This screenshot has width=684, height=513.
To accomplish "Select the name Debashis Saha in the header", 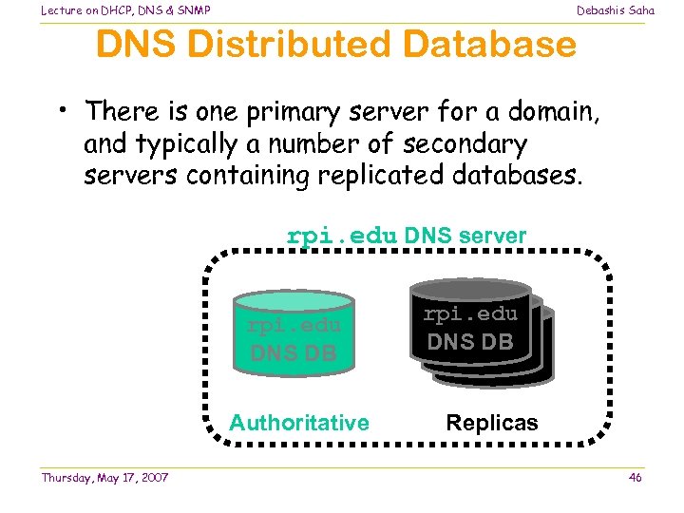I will point(616,10).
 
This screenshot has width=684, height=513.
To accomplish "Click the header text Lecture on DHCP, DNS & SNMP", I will point(125,10).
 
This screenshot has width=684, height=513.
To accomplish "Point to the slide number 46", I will point(635,477).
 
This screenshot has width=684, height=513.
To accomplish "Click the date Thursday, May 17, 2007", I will point(104,477).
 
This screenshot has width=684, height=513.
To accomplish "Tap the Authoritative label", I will point(299,423).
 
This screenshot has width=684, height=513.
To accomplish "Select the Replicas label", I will point(492,423).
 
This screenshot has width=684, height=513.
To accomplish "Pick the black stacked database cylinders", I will point(480,332).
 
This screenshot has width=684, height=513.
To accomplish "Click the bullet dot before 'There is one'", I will point(60,109).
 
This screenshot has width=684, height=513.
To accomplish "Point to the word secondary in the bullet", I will point(465,144).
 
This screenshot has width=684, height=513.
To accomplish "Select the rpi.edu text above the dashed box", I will point(341,236).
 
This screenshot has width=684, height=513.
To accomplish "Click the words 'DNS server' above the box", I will point(465,236).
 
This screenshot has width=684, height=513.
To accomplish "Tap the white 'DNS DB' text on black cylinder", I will point(470,342).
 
